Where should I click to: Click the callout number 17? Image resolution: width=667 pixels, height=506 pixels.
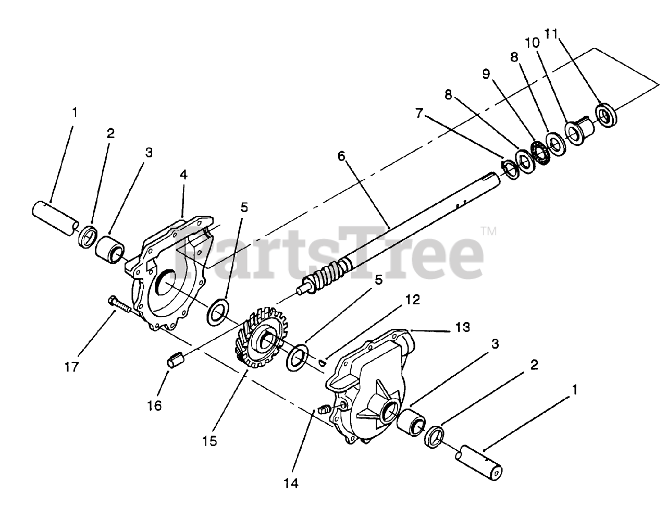71,367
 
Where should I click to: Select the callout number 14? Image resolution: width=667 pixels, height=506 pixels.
292,484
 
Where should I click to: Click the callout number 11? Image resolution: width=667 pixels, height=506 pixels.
551,34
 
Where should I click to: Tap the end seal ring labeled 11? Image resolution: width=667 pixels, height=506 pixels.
606,115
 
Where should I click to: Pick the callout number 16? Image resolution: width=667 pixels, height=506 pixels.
155,405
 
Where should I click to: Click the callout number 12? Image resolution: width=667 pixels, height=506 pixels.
412,300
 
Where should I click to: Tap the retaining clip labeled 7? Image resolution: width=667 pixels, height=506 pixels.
505,167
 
